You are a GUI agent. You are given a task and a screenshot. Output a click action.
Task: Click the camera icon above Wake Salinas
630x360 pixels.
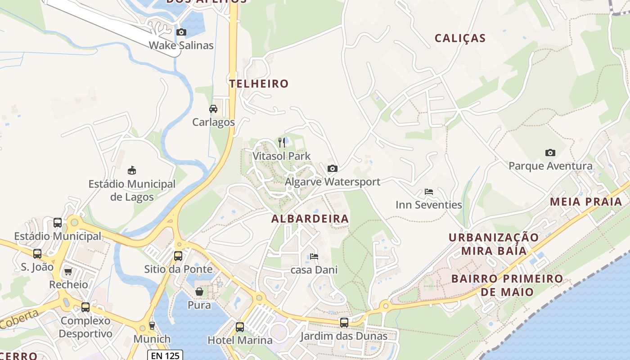181,32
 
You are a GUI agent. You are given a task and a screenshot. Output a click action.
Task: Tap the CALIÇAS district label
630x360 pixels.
460,38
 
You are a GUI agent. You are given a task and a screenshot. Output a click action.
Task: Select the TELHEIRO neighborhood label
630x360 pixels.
259,84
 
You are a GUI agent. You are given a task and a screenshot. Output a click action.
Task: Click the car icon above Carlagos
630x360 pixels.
213,109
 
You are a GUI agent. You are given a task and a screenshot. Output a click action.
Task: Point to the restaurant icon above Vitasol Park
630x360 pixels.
282,143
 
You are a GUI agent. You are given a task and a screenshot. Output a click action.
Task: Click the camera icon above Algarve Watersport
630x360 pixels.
333,168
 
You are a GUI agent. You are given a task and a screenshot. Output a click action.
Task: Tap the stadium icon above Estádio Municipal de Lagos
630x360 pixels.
132,170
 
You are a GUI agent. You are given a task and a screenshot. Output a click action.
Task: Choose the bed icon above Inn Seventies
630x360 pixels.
429,192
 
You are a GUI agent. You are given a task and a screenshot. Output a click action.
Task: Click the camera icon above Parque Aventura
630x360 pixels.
550,153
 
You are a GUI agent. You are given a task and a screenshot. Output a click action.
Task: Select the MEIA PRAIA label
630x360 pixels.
586,202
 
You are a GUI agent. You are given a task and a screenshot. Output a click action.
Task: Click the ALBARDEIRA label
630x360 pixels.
310,219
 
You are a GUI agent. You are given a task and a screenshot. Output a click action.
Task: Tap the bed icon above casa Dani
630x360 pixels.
314,256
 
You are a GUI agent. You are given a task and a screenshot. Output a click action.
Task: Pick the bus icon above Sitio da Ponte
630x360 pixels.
178,256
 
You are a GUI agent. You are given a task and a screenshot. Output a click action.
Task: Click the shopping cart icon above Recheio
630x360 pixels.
68,271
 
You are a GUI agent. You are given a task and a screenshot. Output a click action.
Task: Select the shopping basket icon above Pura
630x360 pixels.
199,292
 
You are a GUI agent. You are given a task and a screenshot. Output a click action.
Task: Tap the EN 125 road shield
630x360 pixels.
166,355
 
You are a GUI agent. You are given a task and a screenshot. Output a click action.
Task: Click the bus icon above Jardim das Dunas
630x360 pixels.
344,322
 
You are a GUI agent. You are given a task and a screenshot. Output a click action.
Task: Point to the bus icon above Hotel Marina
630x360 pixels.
240,327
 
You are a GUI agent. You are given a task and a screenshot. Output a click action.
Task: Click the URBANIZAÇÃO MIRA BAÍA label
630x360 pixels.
493,244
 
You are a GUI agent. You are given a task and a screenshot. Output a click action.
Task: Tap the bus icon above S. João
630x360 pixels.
37,254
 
